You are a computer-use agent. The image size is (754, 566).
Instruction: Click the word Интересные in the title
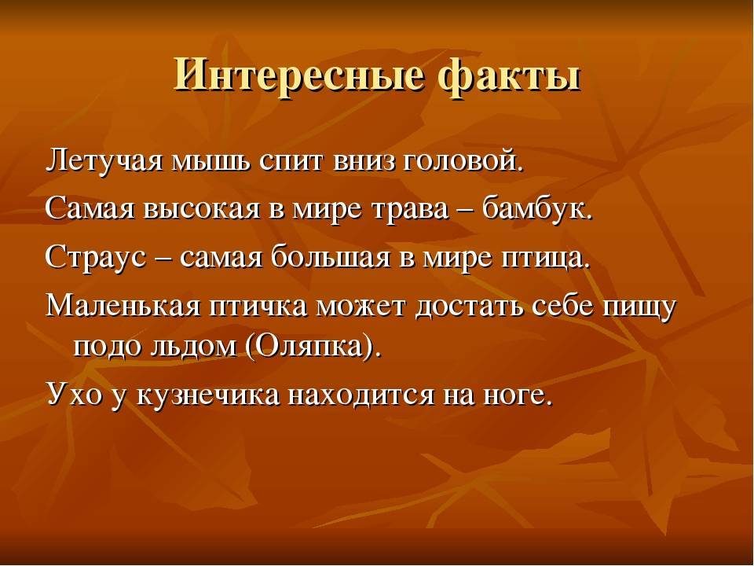298,75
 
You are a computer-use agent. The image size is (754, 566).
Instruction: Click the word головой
461,161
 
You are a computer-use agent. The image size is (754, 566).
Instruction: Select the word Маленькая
123,305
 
